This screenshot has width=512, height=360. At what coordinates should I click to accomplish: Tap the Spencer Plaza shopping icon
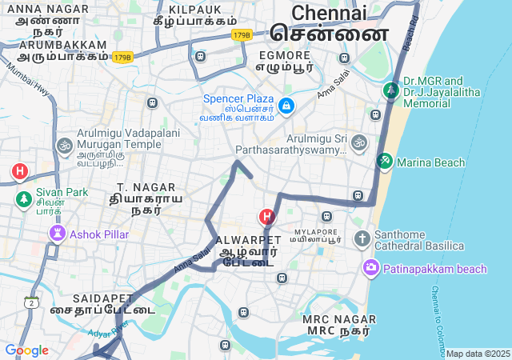pyautogui.click(x=286, y=105)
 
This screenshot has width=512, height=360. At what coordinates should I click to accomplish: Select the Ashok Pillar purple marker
pyautogui.click(x=58, y=234)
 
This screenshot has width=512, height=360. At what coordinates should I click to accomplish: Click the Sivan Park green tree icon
pyautogui.click(x=22, y=197)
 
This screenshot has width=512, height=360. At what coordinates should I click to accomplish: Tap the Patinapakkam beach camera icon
pyautogui.click(x=370, y=268)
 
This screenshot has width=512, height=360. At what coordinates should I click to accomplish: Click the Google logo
pyautogui.click(x=26, y=350)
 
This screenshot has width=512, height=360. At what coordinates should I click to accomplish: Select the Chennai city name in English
pyautogui.click(x=329, y=13)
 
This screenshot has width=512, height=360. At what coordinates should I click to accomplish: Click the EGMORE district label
pyautogui.click(x=283, y=54)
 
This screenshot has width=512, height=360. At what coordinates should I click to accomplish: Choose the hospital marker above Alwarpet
pyautogui.click(x=266, y=216)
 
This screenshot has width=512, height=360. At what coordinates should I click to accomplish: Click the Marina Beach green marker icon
pyautogui.click(x=385, y=162)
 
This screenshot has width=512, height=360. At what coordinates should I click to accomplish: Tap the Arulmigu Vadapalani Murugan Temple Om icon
pyautogui.click(x=64, y=146)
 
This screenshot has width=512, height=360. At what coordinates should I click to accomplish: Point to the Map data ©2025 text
pyautogui.click(x=478, y=354)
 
